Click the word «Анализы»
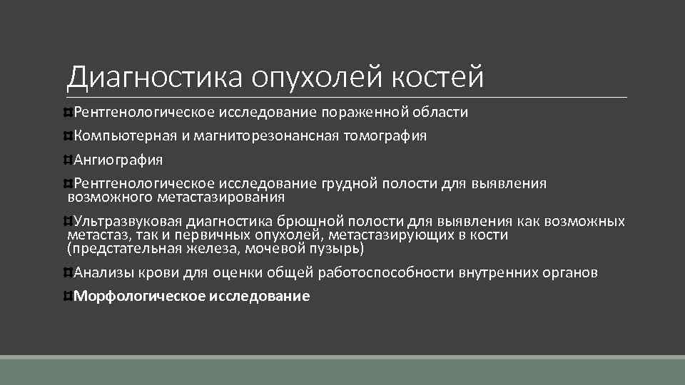[101, 272]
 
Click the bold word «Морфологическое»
[139, 297]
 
